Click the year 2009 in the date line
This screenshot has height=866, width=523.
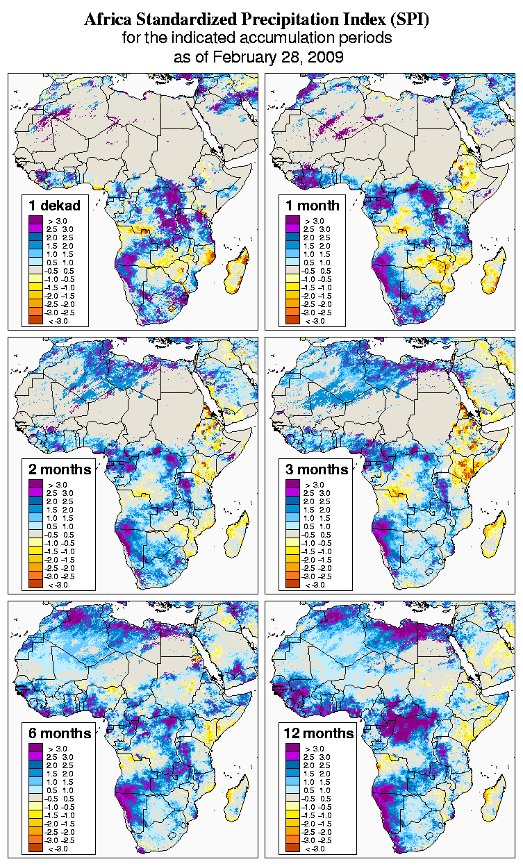[326, 57]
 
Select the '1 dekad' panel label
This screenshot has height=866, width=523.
[55, 205]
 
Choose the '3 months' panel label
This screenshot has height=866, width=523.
[317, 469]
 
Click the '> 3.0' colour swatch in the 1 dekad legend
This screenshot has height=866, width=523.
[35, 220]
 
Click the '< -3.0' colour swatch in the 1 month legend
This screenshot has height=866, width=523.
[292, 320]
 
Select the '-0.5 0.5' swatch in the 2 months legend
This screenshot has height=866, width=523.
[35, 534]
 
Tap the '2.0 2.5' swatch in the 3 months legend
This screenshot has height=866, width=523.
[292, 501]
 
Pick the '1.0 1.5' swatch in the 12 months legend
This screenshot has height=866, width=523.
[292, 781]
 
